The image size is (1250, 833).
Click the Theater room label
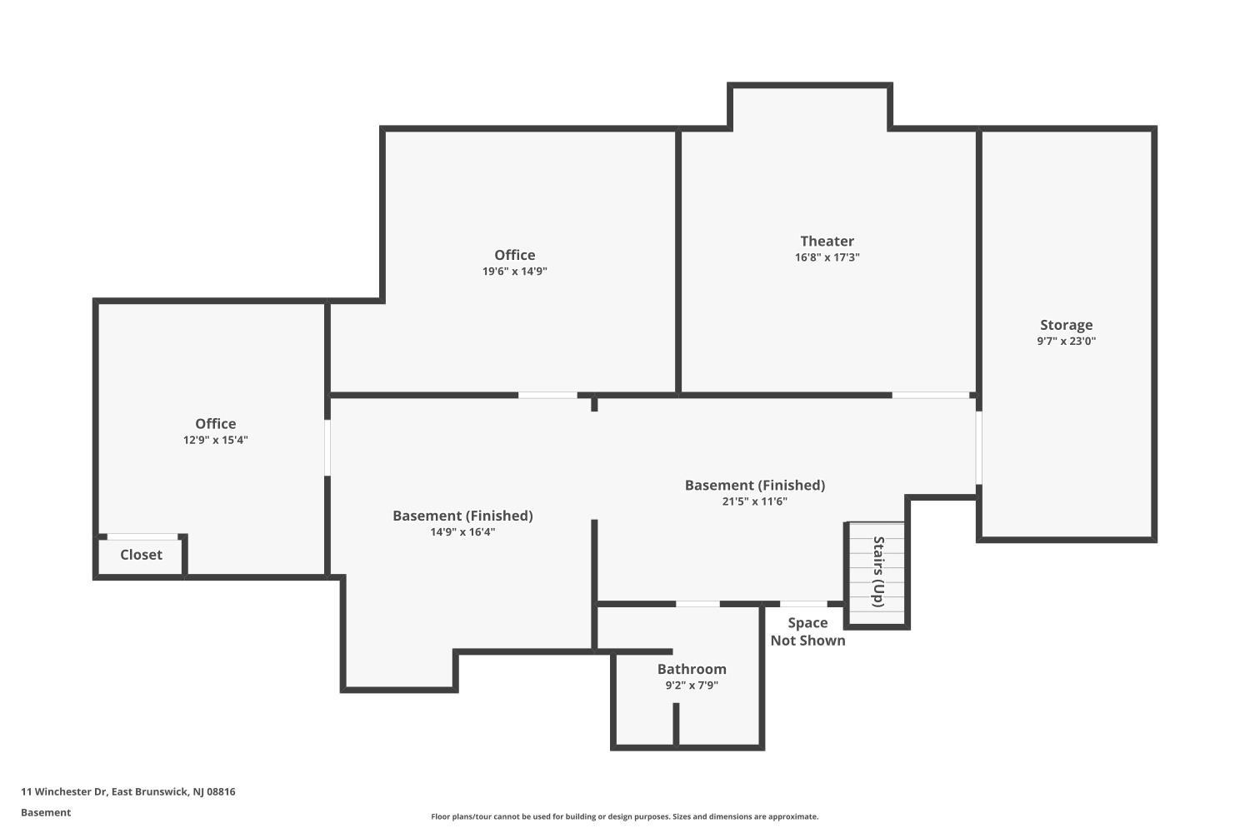pos(827,241)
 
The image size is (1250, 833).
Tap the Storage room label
pos(1066,325)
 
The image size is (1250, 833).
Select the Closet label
pos(141,555)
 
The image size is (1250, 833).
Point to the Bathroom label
pos(692,669)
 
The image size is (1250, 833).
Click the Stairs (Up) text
pos(878,572)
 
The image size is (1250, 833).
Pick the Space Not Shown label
pos(807,631)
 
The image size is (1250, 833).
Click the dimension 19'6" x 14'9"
pos(514,272)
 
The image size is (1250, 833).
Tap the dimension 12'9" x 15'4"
pos(215,440)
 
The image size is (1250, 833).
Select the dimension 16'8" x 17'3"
pos(827,257)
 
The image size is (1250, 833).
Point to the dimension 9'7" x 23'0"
pos(1067,342)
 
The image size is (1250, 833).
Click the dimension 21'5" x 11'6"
pos(754,501)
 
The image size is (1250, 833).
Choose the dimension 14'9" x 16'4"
pos(462,532)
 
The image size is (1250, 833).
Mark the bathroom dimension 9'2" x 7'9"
pos(692,686)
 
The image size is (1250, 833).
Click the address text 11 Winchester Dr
pos(64,791)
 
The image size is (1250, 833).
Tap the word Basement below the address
pos(46,813)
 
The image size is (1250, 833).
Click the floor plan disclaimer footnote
pos(624,817)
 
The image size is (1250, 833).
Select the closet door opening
pos(142,536)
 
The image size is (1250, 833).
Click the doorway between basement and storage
pos(979,448)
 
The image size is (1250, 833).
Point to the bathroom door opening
pos(697,604)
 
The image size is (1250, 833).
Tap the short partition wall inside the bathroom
pos(676,724)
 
